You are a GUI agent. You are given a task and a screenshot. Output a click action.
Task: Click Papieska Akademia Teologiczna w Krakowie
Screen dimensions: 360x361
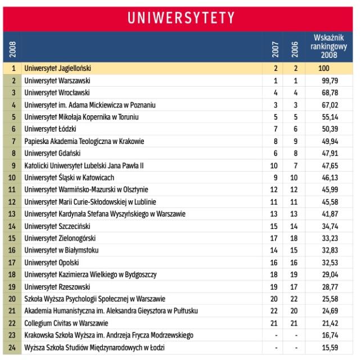84,141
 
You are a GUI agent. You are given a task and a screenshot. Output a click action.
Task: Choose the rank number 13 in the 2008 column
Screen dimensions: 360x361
12,214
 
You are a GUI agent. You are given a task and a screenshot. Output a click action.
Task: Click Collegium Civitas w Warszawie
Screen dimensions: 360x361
64,323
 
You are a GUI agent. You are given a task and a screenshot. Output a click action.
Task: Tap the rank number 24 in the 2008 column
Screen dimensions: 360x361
12,348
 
